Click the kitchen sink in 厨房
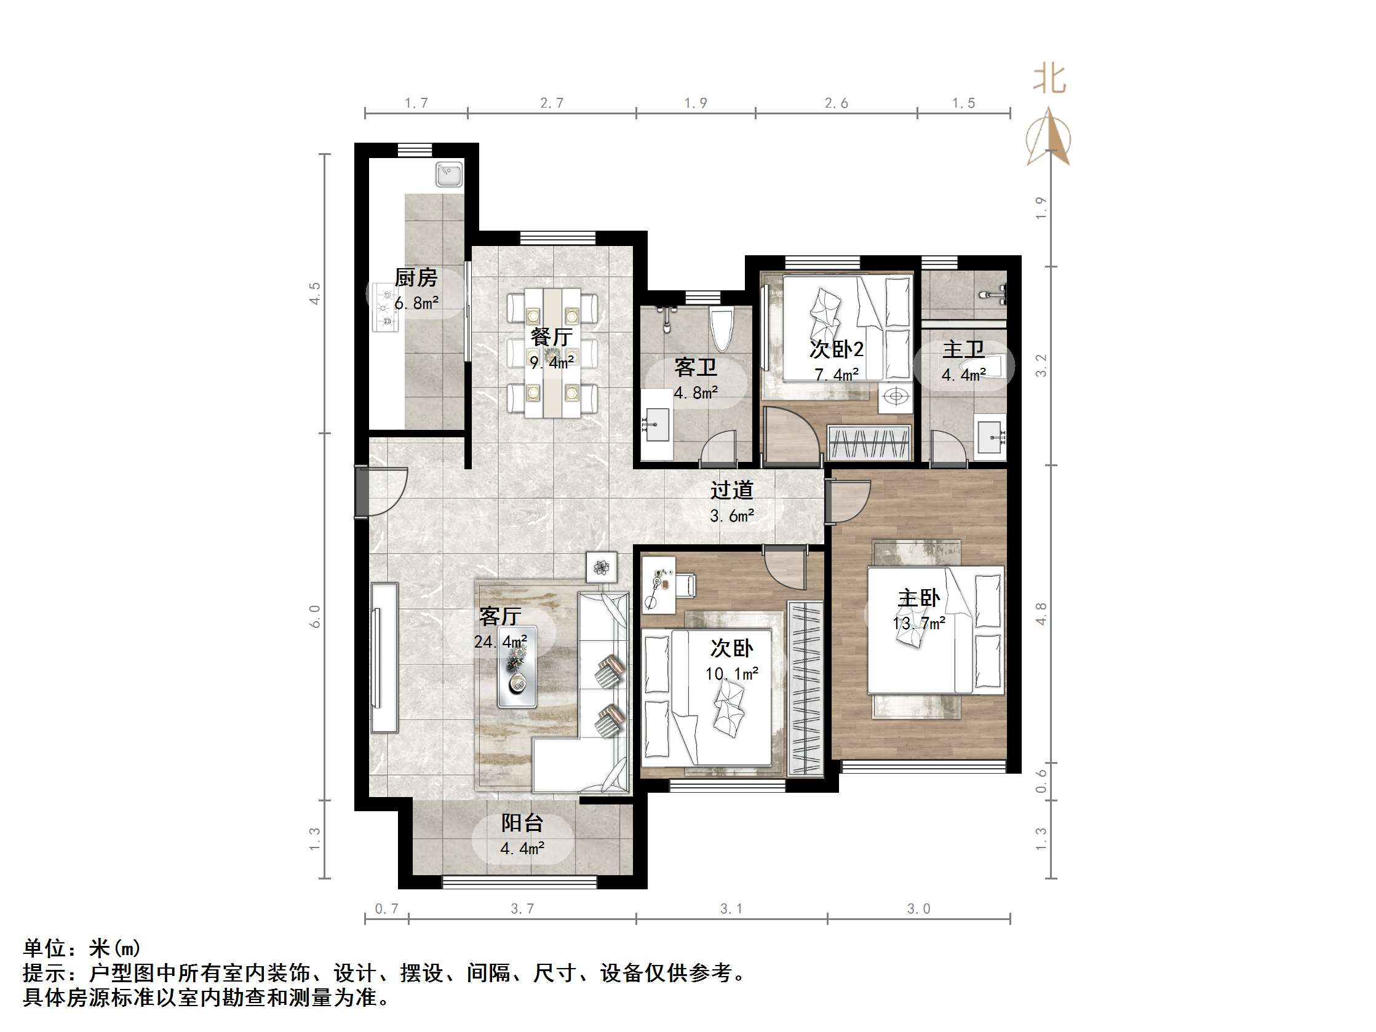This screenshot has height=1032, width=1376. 449,173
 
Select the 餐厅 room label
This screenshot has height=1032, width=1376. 551,337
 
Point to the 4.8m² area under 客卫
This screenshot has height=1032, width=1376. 696,393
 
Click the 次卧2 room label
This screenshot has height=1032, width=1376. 836,349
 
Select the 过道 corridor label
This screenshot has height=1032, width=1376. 732,490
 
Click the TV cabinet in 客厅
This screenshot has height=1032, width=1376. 384,657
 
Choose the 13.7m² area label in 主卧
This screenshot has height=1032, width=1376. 919,623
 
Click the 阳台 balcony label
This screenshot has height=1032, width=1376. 522,823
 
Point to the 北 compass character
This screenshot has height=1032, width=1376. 1049,80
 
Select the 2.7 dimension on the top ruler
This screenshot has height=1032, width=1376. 552,103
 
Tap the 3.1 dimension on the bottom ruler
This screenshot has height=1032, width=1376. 731,909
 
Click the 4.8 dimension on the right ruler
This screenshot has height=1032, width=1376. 1041,613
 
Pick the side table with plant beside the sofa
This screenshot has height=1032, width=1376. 601,566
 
